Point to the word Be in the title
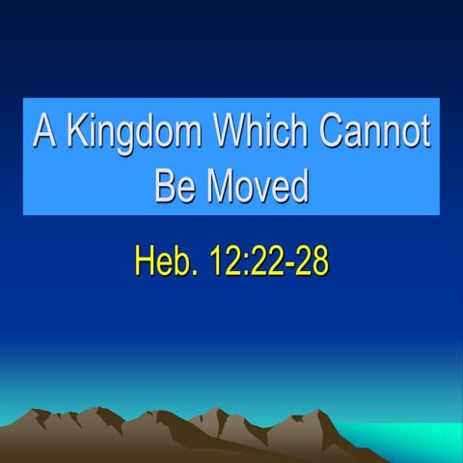[175, 184]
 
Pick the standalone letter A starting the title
[42, 132]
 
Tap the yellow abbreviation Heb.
[162, 260]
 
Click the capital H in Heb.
[145, 260]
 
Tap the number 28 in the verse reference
[311, 260]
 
